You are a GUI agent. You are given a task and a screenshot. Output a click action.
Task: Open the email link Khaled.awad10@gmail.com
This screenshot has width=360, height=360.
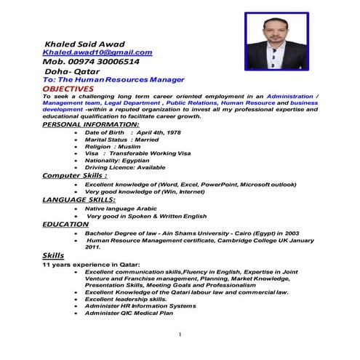click(x=97, y=52)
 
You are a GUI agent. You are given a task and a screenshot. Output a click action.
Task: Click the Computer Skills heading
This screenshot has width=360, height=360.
click(x=75, y=176)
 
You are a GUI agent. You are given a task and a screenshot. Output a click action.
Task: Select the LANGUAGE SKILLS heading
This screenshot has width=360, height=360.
click(x=79, y=199)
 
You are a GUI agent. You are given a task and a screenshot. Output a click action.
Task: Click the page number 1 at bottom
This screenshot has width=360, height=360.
click(x=178, y=335)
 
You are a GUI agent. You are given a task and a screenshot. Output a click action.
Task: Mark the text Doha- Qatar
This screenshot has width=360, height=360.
click(x=68, y=71)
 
